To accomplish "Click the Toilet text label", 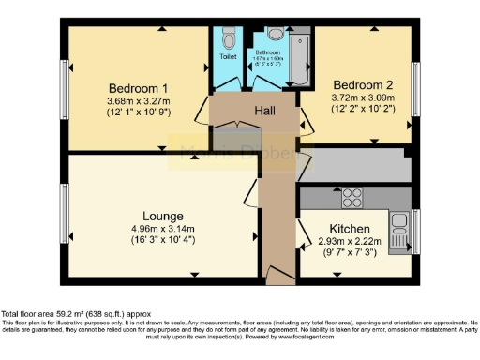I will (x=229, y=56).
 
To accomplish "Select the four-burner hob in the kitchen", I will (x=352, y=198).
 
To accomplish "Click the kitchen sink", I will (x=400, y=225).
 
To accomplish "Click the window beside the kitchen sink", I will (x=416, y=230).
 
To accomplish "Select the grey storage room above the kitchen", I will (x=354, y=166).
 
